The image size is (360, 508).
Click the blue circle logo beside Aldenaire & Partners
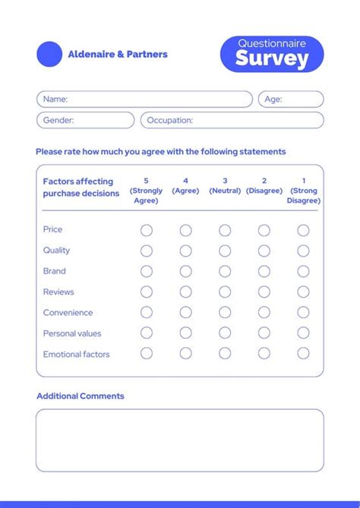click(x=49, y=54)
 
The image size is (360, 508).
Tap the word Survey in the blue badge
click(x=272, y=59)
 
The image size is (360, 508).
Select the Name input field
click(x=144, y=99)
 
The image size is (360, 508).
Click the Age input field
click(x=291, y=99)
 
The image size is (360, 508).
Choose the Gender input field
click(x=85, y=120)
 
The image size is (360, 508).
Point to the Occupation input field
click(x=232, y=120)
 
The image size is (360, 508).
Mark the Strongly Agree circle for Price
click(x=147, y=230)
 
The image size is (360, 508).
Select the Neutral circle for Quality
click(x=225, y=251)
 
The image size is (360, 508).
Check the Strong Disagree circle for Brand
click(x=303, y=271)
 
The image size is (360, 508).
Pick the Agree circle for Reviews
click(x=185, y=292)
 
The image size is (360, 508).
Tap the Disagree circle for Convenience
click(x=264, y=312)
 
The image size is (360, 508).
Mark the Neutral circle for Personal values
click(x=225, y=333)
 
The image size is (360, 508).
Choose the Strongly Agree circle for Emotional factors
click(x=147, y=353)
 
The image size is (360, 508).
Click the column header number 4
click(x=185, y=181)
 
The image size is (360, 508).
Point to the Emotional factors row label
click(x=76, y=354)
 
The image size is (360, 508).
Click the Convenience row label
click(x=68, y=313)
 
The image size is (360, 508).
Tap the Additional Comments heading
click(x=80, y=396)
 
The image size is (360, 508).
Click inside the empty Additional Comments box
click(x=179, y=440)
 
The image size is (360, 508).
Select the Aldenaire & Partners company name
click(x=118, y=55)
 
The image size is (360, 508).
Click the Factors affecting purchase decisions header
click(x=81, y=188)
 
